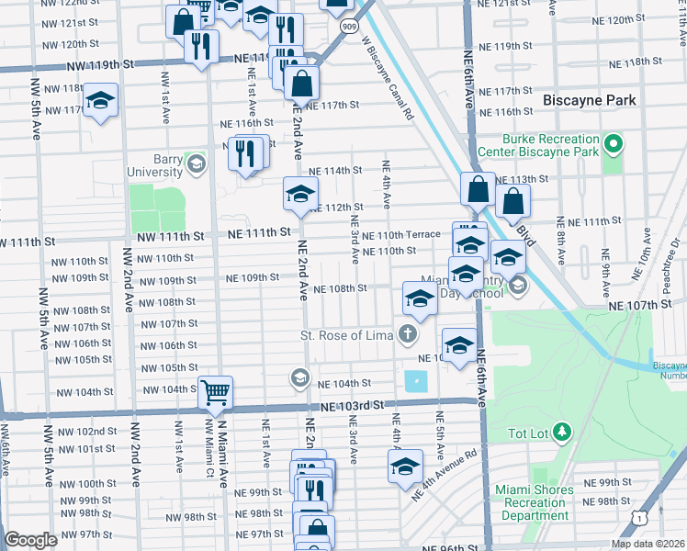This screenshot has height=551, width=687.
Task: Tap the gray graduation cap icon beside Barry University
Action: tap(195, 164)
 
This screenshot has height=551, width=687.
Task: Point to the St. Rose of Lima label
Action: tap(346, 335)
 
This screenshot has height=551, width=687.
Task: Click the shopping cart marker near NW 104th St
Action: tap(215, 393)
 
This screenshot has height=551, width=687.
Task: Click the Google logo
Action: tap(30, 540)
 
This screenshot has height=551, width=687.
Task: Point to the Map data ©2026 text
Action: tap(647, 544)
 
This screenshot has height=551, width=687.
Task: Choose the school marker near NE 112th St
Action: tap(299, 194)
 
